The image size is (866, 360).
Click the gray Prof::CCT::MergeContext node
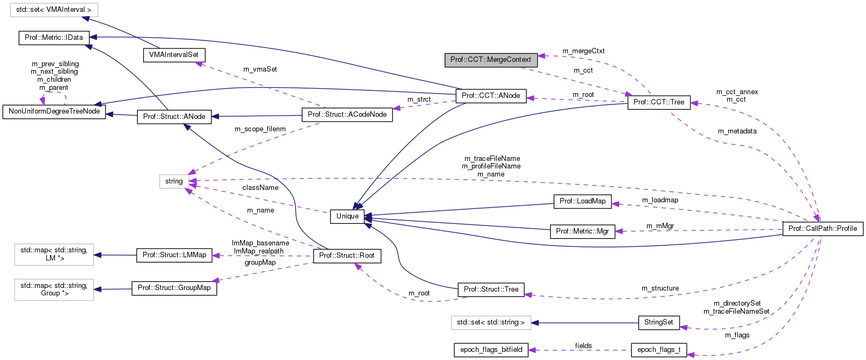490,60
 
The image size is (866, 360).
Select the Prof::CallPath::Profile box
822,229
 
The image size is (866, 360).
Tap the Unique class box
347,216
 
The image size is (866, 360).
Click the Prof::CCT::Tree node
658,102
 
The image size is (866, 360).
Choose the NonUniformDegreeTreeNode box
54,111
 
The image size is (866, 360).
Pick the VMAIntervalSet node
173,55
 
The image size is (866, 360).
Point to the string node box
174,181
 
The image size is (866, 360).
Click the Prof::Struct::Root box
347,256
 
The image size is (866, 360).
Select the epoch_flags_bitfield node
491,350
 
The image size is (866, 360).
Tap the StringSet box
658,322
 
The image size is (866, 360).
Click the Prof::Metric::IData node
54,38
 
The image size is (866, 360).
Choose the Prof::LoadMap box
582,201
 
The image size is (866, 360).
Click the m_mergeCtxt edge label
583,51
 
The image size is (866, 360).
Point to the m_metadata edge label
737,131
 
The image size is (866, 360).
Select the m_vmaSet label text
260,69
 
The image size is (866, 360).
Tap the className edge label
260,188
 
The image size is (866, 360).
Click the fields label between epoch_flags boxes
583,346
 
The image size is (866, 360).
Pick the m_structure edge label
660,288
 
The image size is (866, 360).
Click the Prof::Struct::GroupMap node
174,288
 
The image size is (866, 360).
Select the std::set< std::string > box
490,322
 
